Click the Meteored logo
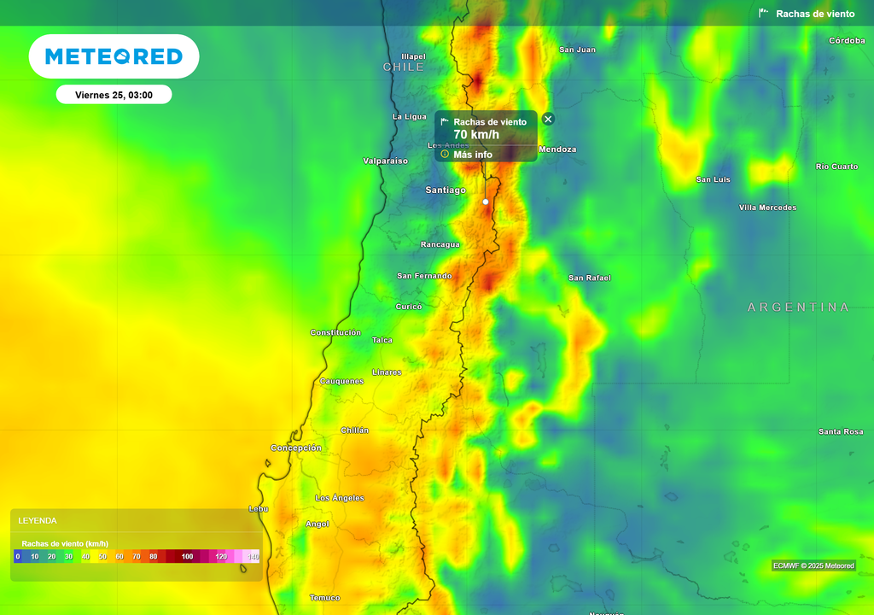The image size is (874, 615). tap(114, 56)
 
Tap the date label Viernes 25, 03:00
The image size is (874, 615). tap(114, 95)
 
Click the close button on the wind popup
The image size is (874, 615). tap(548, 119)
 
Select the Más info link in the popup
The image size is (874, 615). tap(472, 155)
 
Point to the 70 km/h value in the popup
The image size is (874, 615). tap(476, 135)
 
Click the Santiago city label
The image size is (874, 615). tap(446, 190)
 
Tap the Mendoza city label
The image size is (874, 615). tap(557, 149)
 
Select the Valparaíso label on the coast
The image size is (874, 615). tap(385, 161)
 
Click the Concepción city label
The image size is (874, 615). tap(296, 448)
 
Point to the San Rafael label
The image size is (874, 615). tap(590, 278)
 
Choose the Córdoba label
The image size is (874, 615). tap(847, 40)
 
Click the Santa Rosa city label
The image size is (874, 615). tap(841, 431)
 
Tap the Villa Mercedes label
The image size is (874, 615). tap(767, 208)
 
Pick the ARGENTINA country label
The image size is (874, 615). tap(798, 307)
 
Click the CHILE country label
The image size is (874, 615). tap(403, 67)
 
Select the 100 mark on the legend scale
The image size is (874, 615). tap(187, 557)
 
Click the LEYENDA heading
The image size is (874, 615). tap(38, 520)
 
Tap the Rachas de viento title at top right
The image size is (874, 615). tap(814, 14)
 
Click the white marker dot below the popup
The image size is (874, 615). tap(486, 202)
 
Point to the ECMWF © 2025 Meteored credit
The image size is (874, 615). tap(813, 565)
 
